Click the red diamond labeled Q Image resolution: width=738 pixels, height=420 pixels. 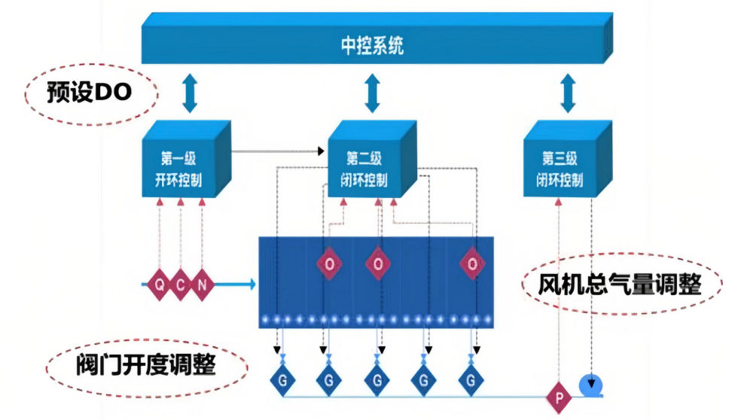point(160,285)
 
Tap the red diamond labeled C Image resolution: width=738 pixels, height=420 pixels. point(180,285)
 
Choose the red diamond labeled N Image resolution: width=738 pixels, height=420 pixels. point(200,285)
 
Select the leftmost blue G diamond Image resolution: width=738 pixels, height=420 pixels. point(282,379)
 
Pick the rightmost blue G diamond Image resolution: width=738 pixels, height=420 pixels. point(472,379)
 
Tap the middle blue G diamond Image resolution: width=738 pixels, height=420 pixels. point(377,379)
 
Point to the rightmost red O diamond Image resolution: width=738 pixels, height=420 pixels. point(472,264)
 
